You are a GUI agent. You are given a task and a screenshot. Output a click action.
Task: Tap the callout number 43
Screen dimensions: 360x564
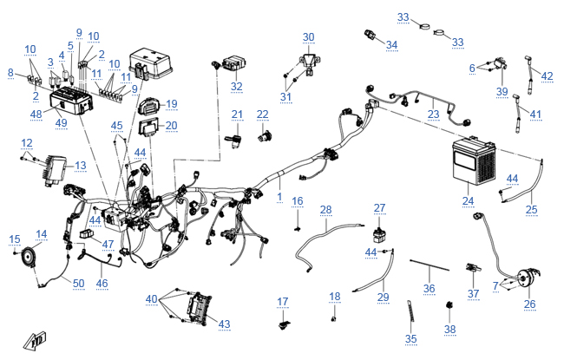[224, 324]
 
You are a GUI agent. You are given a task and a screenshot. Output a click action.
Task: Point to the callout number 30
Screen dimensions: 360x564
[309, 36]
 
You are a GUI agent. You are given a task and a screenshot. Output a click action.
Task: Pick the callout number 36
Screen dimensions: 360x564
[428, 288]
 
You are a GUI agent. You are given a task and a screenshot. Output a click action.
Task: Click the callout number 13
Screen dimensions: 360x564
[81, 165]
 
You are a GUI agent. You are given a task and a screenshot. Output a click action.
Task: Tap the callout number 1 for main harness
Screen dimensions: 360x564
[279, 198]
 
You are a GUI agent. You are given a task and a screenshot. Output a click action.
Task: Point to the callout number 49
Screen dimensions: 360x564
[61, 122]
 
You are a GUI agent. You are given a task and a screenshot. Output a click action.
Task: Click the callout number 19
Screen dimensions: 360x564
[171, 104]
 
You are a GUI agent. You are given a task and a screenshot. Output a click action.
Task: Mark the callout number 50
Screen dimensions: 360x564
[78, 284]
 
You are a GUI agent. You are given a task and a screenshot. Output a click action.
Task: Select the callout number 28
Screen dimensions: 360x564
[325, 210]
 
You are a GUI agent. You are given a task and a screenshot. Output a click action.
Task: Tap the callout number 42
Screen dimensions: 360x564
[547, 76]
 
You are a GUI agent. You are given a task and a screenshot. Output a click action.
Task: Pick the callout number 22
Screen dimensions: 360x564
[263, 115]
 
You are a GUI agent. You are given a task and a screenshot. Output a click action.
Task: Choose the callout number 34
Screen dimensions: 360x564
[392, 44]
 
